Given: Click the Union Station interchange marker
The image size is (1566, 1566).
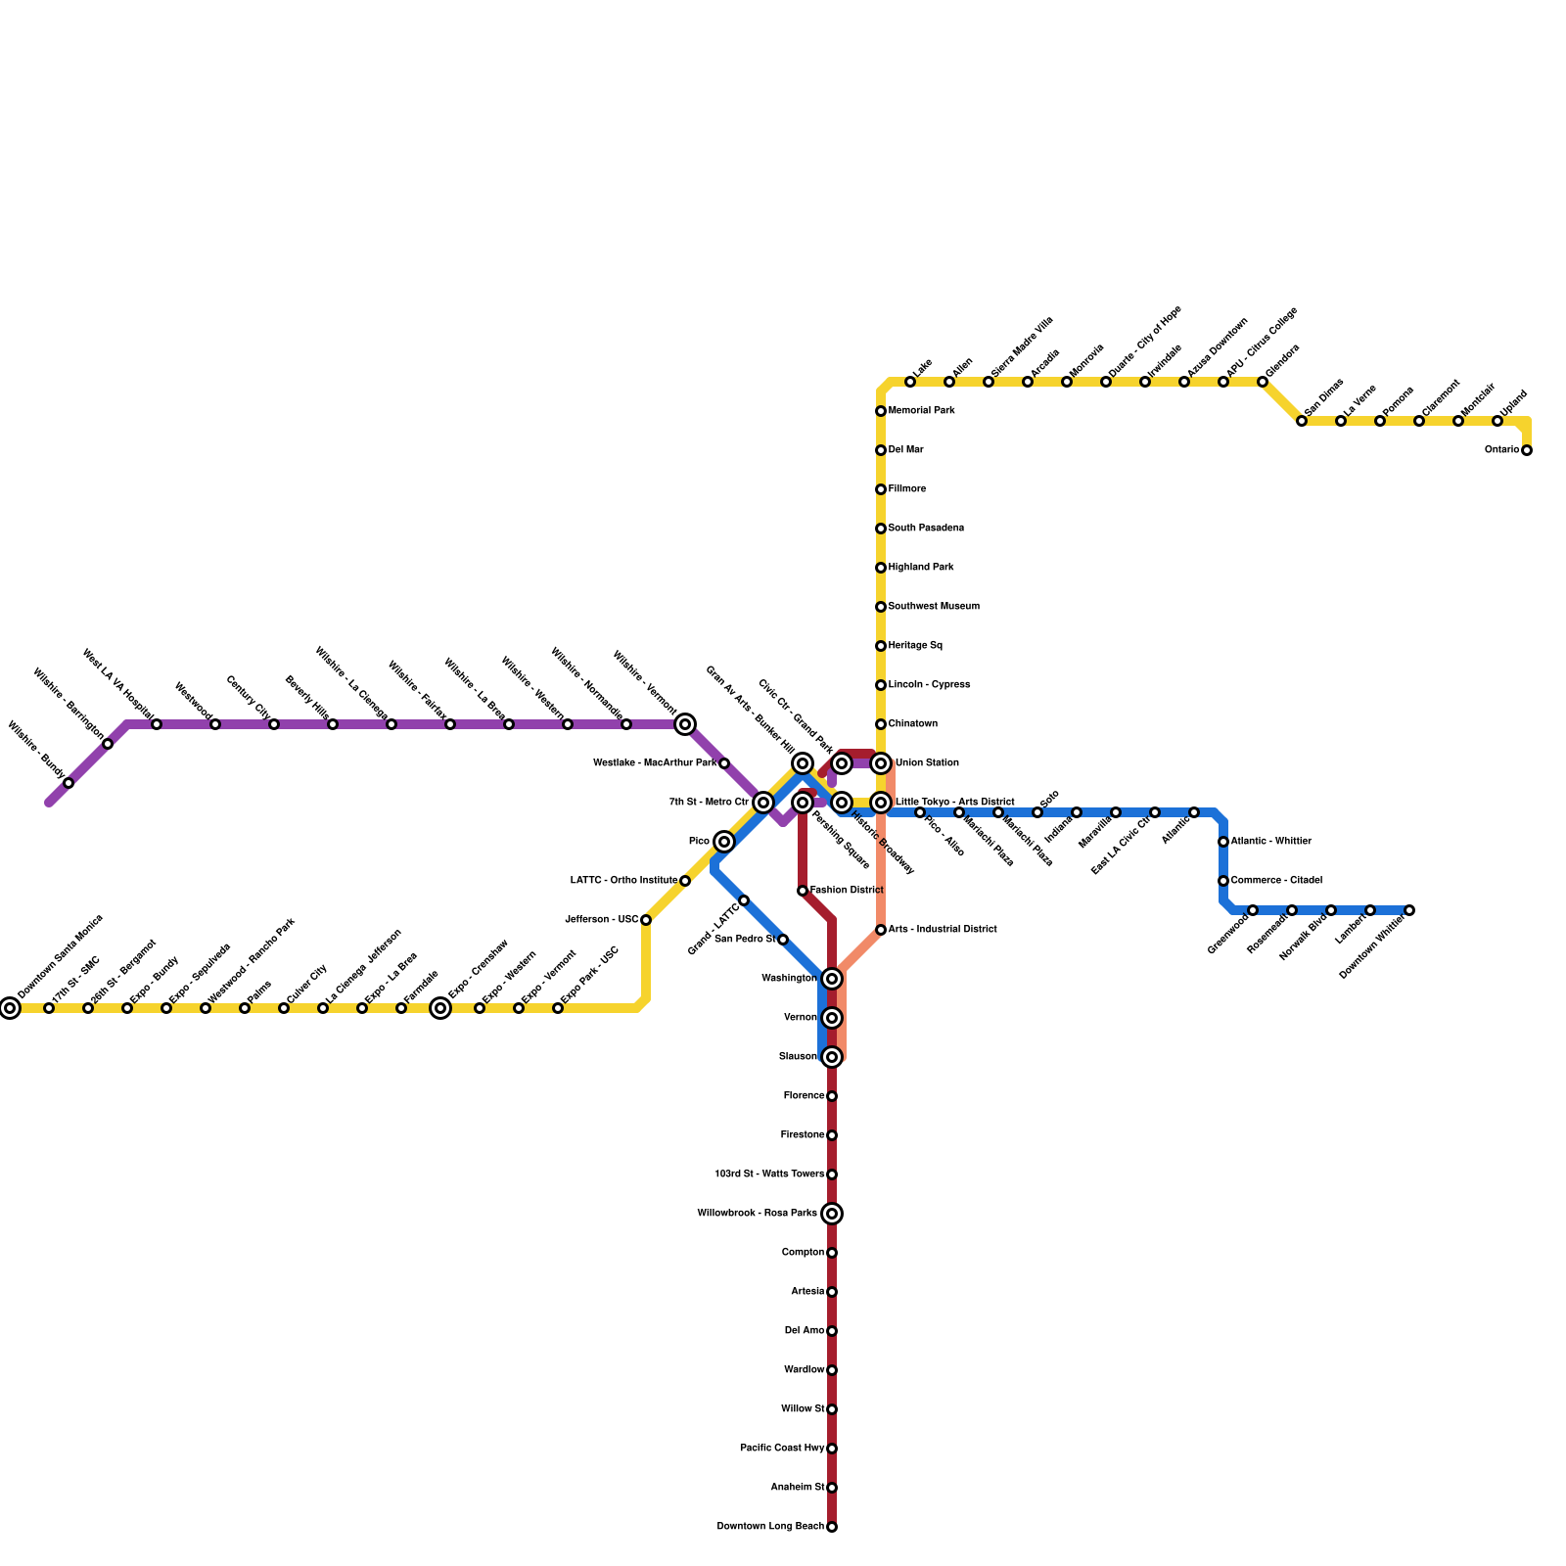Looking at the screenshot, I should (881, 763).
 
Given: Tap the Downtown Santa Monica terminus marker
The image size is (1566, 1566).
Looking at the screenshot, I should (10, 1008).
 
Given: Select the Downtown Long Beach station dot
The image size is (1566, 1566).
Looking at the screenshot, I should (832, 1527).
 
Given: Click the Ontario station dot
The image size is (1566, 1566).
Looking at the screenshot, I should (1527, 450).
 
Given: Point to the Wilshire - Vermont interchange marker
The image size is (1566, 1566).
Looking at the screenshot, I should (685, 724).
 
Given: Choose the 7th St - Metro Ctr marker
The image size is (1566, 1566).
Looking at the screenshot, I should (763, 803).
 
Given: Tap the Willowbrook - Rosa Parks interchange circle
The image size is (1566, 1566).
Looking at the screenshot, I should (832, 1214).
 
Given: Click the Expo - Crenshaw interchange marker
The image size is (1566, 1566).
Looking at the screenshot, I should (440, 1008).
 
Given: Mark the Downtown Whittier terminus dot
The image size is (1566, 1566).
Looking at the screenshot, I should (1409, 910).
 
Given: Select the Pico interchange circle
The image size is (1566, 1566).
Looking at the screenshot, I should (724, 842).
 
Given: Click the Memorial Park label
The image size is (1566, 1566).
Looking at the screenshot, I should (921, 411).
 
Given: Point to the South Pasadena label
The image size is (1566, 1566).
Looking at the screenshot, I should (926, 529).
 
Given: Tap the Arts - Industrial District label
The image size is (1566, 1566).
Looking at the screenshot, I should (943, 930).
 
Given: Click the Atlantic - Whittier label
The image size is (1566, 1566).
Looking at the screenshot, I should (1270, 842).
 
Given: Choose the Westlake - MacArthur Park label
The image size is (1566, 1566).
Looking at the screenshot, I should (655, 763).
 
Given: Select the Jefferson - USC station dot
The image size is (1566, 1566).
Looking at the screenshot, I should (646, 920).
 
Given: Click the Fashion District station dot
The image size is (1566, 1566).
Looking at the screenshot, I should (803, 891).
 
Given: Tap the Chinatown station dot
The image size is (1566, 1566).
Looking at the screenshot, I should (881, 724).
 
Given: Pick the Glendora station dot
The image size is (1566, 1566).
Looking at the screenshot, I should (1263, 382).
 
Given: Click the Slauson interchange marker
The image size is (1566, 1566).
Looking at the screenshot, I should (832, 1057).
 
